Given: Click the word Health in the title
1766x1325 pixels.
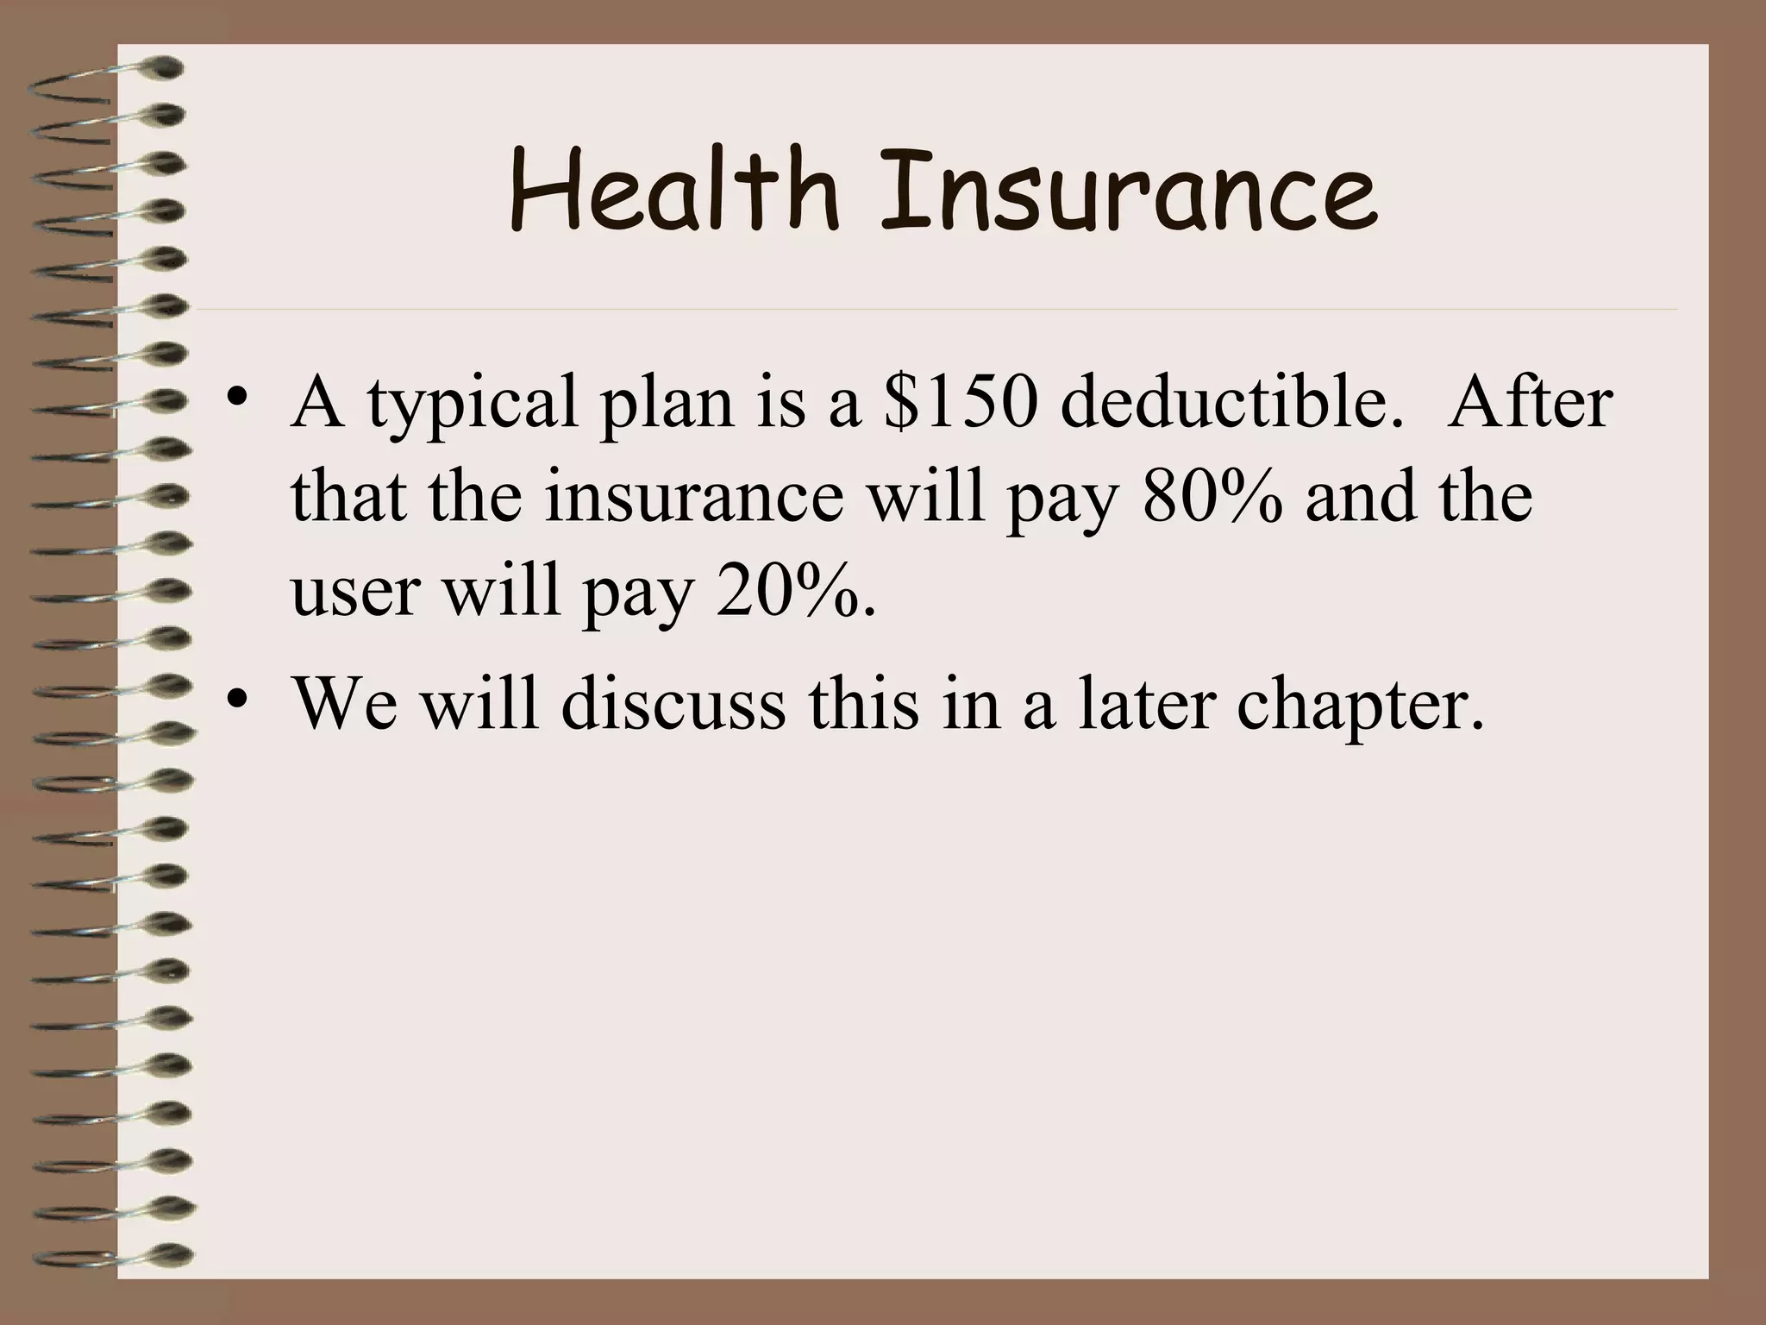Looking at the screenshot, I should click(x=673, y=191).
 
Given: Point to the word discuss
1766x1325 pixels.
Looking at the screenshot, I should click(x=673, y=704).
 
